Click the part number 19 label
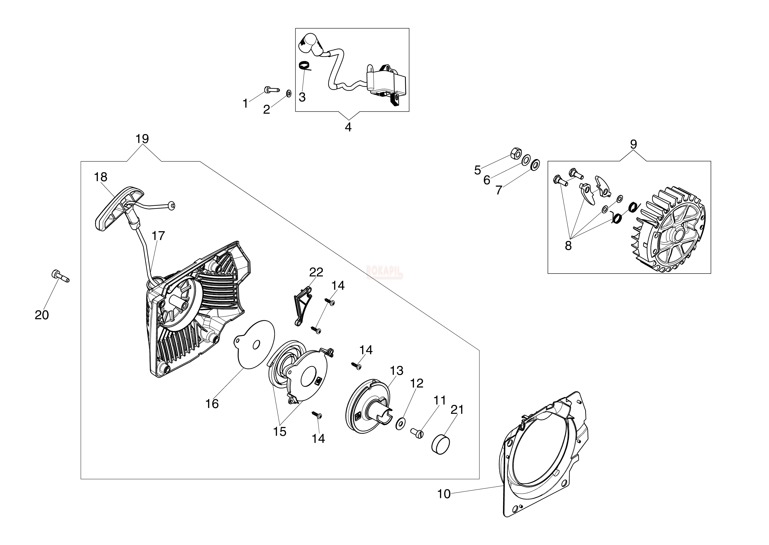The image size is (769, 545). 142,139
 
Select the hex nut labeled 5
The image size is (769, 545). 515,154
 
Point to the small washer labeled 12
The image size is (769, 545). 400,424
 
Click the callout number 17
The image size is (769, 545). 158,236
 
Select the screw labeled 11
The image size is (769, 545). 417,433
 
